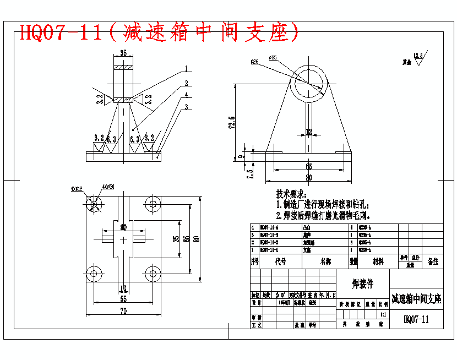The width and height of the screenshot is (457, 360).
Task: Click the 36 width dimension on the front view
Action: click(123, 53)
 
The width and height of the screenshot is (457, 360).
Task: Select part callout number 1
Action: click(187, 69)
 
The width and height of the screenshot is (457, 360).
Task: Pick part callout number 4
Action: click(187, 94)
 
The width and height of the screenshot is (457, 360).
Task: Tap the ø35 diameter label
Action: click(273, 57)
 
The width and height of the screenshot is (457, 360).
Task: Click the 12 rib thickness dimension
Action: click(309, 132)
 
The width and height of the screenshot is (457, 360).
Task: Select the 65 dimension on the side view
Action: click(308, 166)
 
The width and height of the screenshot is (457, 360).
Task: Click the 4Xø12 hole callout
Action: click(77, 189)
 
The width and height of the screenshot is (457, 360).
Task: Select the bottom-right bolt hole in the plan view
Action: click(153, 273)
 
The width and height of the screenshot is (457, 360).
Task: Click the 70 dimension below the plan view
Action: click(123, 311)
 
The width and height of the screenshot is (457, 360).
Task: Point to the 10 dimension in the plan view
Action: click(123, 287)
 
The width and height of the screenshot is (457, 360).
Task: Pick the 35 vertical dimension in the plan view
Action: click(176, 238)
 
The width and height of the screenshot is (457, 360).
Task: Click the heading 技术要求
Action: click(291, 194)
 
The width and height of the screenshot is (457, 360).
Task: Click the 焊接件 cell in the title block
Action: click(362, 284)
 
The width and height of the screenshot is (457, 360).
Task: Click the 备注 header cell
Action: click(433, 261)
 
